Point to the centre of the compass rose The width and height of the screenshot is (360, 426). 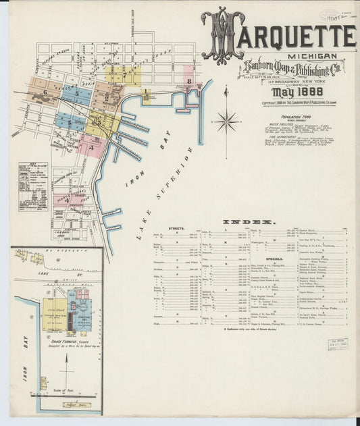[x=226, y=122]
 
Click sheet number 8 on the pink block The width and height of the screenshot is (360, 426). [x=190, y=83]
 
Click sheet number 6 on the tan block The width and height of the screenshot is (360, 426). [x=45, y=92]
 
